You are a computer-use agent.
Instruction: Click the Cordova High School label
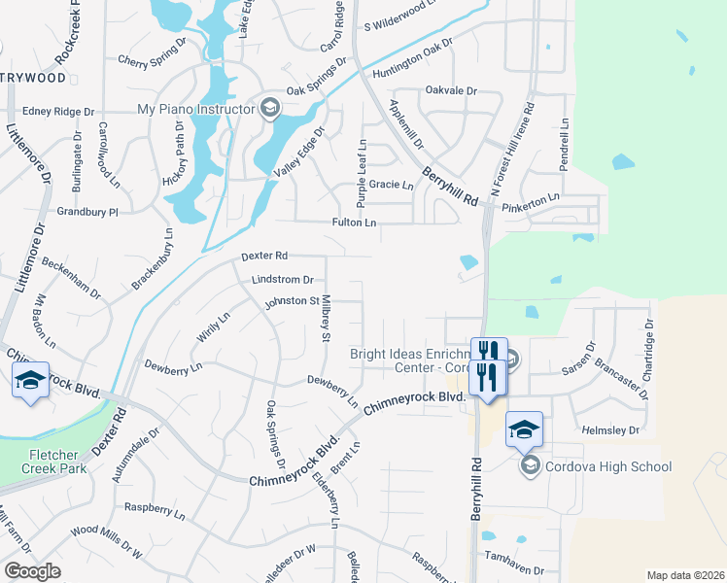point(608,467)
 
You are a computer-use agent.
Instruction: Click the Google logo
point(32,571)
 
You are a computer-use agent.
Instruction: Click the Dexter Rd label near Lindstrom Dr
point(264,256)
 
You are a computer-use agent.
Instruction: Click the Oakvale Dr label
point(452,90)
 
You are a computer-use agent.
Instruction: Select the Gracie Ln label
point(393,185)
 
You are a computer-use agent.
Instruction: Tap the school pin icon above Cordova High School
point(524,429)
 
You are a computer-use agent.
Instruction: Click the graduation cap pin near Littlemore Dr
point(31,380)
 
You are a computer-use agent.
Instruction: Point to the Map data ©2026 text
point(684,575)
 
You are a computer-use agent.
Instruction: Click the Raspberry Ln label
point(156,508)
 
